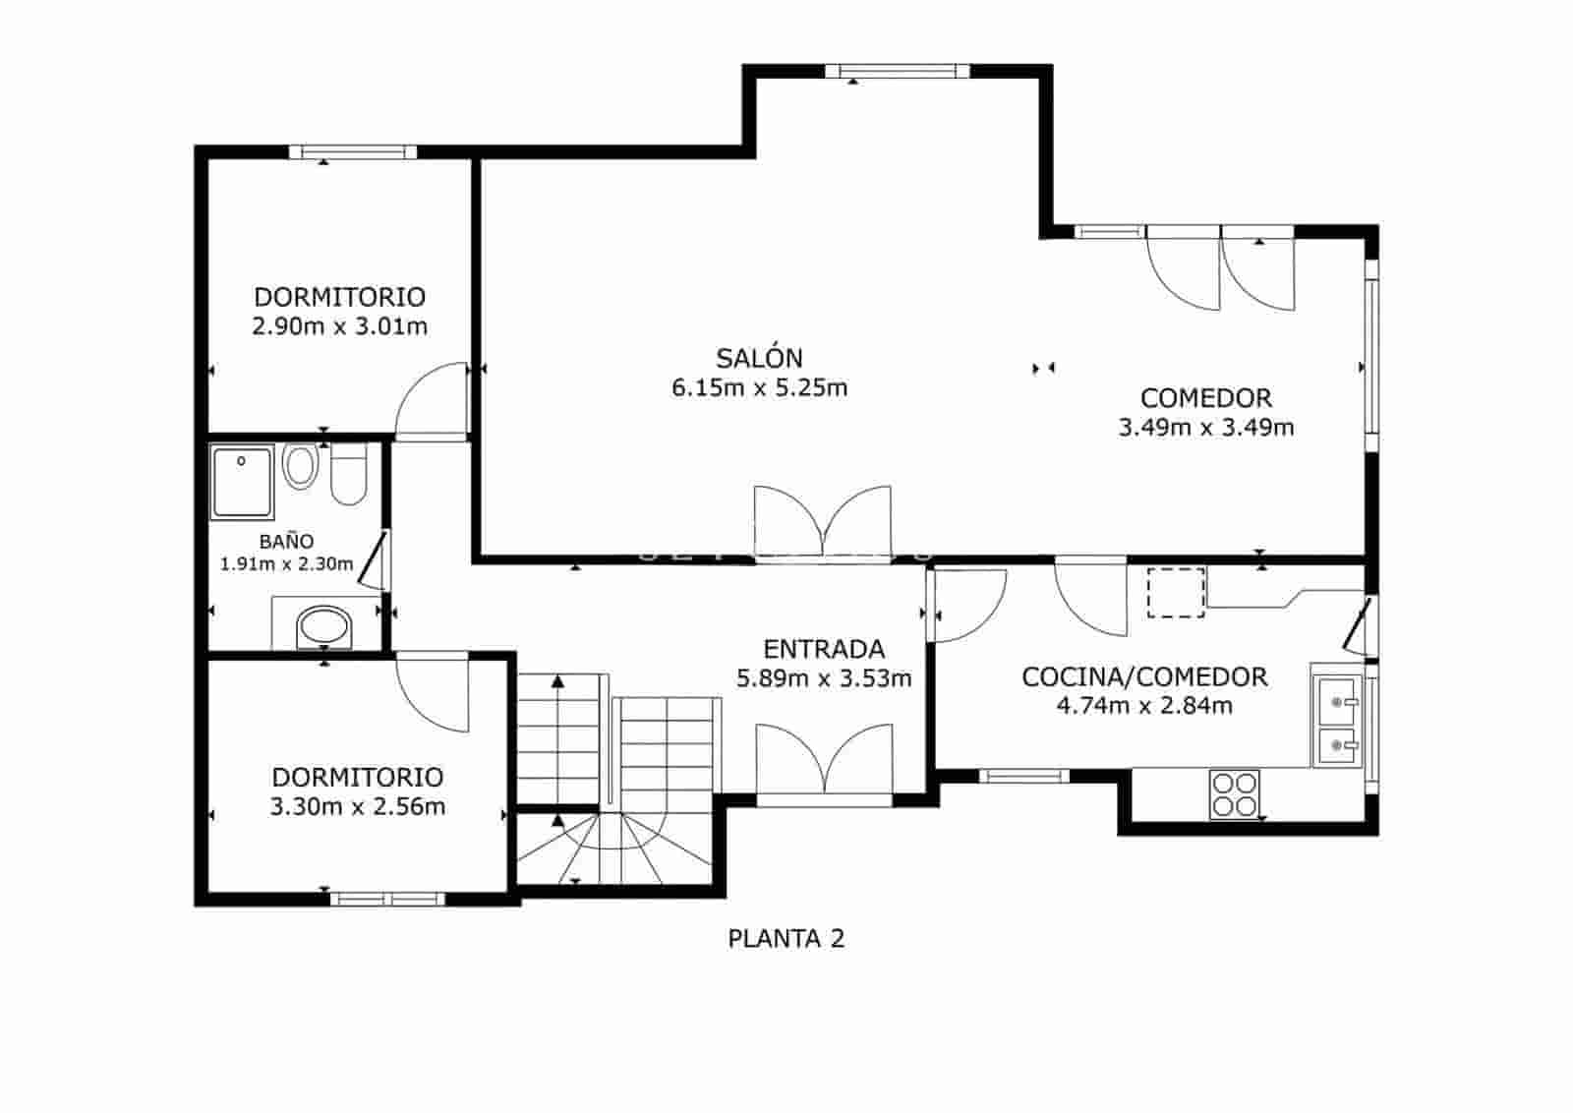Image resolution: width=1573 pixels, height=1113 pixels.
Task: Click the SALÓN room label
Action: [759, 358]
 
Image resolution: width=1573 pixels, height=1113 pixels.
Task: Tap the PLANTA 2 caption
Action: [786, 939]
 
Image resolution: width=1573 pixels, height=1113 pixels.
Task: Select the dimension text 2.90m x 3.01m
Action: [339, 326]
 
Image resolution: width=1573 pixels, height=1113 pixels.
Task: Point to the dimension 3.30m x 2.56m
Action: [357, 807]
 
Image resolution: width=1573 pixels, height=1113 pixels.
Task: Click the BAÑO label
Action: [286, 542]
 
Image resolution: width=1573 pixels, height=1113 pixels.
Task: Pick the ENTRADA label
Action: [824, 649]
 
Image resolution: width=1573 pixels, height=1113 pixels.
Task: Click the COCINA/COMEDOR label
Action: [1144, 676]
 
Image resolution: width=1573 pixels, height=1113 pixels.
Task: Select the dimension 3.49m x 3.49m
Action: [1206, 428]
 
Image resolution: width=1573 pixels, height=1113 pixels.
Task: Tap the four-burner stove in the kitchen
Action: [1234, 793]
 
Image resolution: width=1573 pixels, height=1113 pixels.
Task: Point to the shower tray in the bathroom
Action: [242, 482]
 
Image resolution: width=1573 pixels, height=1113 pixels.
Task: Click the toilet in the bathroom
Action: [348, 474]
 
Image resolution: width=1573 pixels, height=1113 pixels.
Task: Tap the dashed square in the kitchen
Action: [1176, 592]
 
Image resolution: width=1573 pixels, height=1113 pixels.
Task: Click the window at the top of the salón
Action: [890, 71]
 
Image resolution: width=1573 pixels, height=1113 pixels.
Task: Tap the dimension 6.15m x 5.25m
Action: [759, 388]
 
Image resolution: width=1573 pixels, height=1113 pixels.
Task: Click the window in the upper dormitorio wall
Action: [353, 152]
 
